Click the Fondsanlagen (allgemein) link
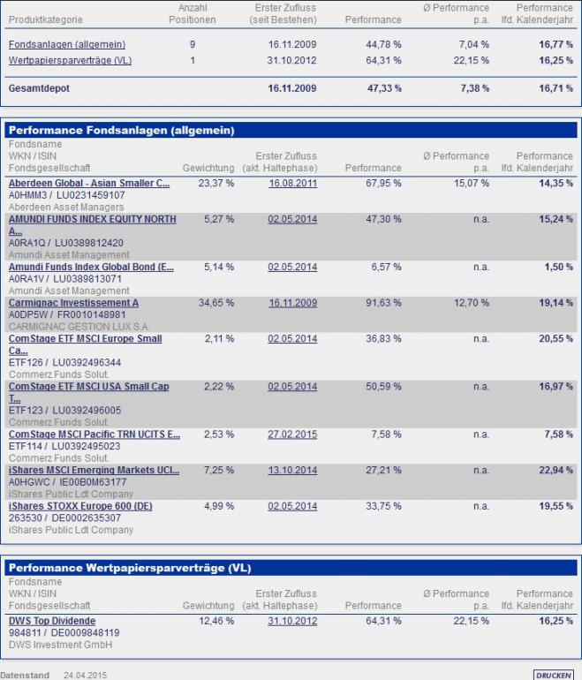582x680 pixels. tap(67, 44)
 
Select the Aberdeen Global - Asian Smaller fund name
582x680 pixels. tap(89, 183)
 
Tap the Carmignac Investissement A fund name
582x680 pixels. tap(73, 303)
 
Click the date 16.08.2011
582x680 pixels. tap(292, 183)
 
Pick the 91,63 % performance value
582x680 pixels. tap(384, 303)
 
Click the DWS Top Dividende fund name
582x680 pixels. tap(52, 621)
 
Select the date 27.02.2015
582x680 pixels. tap(292, 434)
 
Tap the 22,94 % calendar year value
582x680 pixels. tap(556, 471)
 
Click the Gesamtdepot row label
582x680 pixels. tap(39, 89)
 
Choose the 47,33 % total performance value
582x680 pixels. tap(384, 89)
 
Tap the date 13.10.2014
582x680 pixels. tap(292, 471)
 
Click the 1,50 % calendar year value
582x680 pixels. tap(559, 267)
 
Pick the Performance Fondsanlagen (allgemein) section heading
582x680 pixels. tap(121, 130)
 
